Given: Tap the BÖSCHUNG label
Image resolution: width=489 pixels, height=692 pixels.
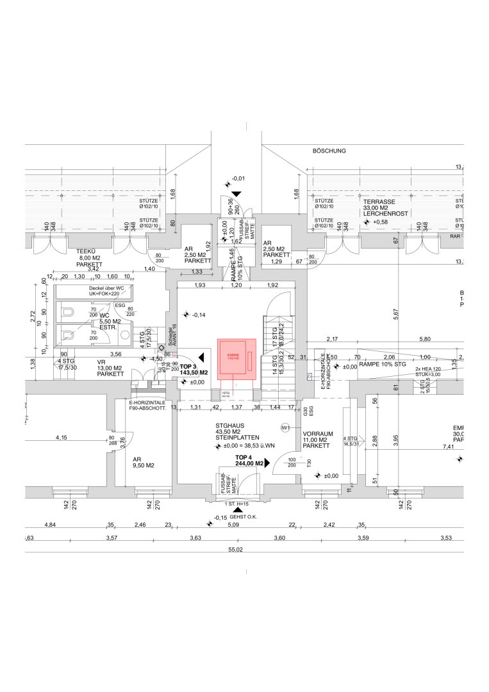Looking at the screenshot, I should [x=329, y=151].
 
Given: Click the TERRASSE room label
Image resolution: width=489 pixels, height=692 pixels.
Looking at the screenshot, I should [x=377, y=201].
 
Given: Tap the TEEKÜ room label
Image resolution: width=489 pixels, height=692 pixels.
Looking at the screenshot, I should [x=85, y=251].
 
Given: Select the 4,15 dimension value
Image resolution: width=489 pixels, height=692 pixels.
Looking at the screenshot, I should [x=61, y=438].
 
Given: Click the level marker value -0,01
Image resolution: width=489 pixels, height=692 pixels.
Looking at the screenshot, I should [x=238, y=178].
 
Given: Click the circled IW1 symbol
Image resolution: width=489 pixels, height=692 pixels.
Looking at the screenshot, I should [x=285, y=427].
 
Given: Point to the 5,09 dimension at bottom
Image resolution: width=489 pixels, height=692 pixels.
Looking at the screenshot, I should [x=233, y=524].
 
